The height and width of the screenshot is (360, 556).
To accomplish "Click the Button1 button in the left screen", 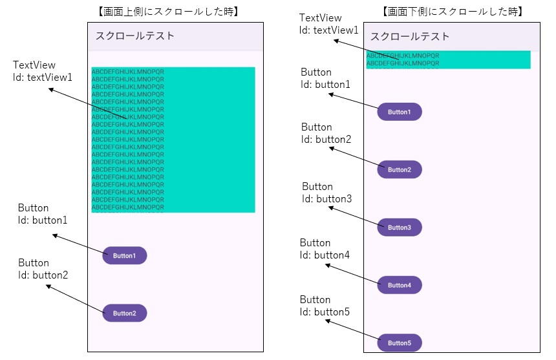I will point(125,255).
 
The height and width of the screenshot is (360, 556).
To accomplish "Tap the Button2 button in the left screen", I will point(125,313).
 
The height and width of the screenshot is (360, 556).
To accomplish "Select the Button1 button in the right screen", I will point(400,112).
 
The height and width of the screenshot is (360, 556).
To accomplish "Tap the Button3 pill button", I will point(400,228).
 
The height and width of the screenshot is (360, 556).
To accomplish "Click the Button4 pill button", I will point(400,285).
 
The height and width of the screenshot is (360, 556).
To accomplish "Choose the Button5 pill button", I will point(400,343).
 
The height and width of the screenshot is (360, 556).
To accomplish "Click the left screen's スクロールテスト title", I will point(135,36).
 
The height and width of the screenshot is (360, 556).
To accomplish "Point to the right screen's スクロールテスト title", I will point(410,37).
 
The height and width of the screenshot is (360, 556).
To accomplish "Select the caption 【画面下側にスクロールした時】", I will point(453,12).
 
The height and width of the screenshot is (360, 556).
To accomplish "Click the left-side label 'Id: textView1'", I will point(43,78).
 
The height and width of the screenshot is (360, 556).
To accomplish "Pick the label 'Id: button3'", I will point(326,199).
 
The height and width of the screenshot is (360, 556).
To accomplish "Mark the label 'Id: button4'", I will point(325,255).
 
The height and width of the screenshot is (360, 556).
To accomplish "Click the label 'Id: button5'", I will point(325,312).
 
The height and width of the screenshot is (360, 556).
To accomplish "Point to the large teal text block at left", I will point(173,140).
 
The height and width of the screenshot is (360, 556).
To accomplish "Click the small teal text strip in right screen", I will point(448,59).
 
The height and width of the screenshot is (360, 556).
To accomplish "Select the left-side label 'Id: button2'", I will point(43,275).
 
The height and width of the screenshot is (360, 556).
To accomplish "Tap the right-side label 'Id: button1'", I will point(326,85).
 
